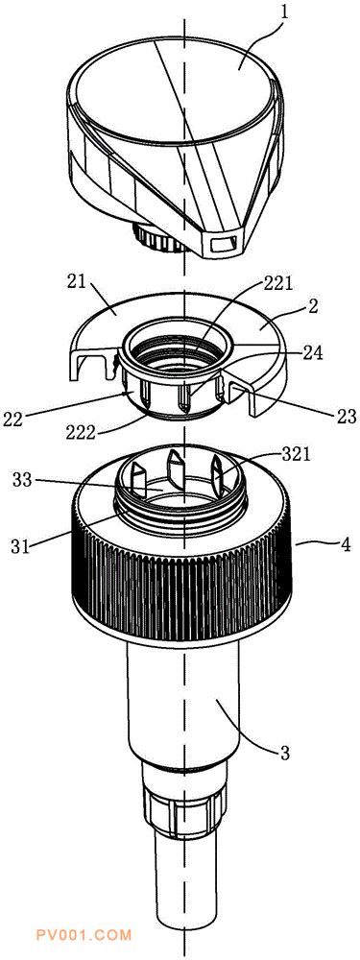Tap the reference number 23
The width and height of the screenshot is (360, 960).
coord(346,417)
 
